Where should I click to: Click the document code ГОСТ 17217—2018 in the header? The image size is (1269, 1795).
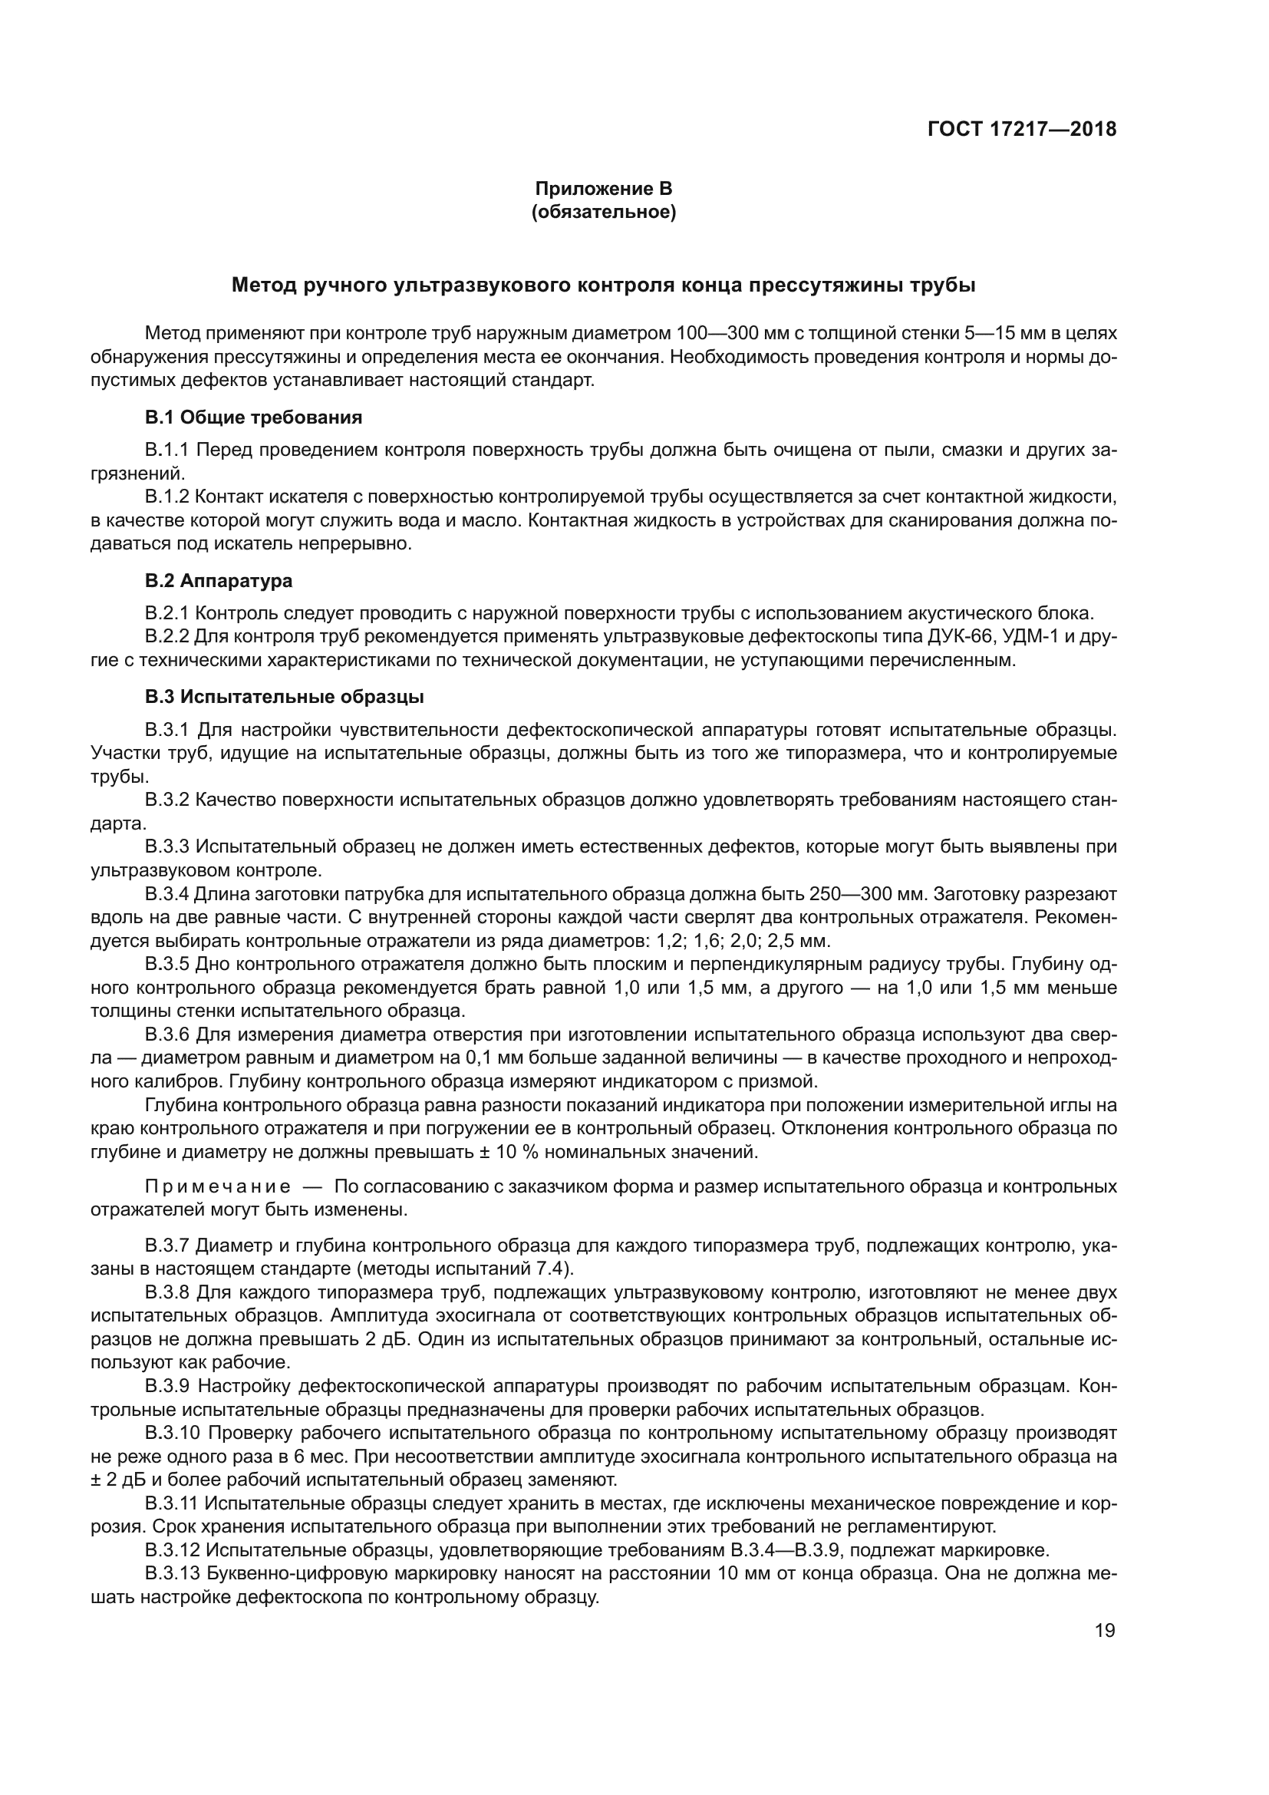coord(1021,129)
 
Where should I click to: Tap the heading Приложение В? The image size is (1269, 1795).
coord(603,189)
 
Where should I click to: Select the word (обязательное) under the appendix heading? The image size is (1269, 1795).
coord(603,212)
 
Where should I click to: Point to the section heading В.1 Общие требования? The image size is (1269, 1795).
coord(253,417)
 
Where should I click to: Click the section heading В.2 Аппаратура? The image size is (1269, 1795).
coord(218,581)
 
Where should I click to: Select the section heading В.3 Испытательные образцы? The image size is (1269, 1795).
coord(285,696)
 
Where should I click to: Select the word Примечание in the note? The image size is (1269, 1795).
coord(218,1186)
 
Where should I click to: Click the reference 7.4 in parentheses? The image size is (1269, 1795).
coord(552,1267)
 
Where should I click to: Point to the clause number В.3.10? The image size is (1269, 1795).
coord(173,1433)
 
